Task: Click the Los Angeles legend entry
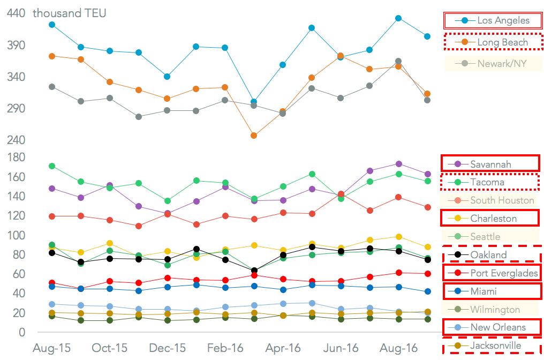[493, 21]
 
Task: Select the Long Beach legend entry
[493, 42]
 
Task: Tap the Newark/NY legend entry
[493, 64]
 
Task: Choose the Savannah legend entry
[490, 164]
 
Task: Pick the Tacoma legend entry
[490, 182]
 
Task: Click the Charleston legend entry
[490, 219]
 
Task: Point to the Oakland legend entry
[490, 255]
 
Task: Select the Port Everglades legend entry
[490, 273]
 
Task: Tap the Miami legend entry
[490, 291]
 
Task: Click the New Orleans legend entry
[490, 327]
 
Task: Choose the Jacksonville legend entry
[490, 346]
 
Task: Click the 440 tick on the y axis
[16, 13]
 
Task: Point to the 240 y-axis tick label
[16, 140]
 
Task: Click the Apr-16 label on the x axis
[283, 348]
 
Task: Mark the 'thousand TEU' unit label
[70, 13]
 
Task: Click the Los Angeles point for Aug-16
[398, 18]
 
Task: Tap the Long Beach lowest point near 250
[254, 136]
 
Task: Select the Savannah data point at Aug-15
[52, 189]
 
